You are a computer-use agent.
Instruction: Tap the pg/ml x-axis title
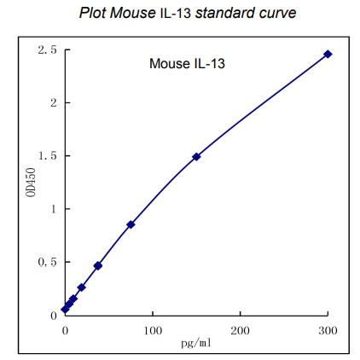(x=195, y=342)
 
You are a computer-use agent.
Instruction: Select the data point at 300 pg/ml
(x=328, y=54)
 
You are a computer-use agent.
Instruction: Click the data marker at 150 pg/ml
(x=196, y=156)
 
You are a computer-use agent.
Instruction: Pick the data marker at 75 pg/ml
(x=131, y=224)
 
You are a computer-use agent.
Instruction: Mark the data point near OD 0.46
(x=98, y=265)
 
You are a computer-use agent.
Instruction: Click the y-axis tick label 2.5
(x=48, y=50)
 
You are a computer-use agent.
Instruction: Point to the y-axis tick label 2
(x=53, y=103)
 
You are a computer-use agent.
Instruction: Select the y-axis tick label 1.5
(x=48, y=156)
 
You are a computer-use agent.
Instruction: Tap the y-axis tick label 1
(x=53, y=209)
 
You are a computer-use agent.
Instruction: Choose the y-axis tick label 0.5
(x=48, y=262)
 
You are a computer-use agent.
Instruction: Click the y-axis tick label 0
(x=53, y=315)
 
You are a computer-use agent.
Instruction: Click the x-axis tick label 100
(x=152, y=328)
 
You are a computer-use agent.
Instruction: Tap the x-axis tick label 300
(x=328, y=328)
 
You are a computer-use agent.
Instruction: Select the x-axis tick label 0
(x=65, y=328)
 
